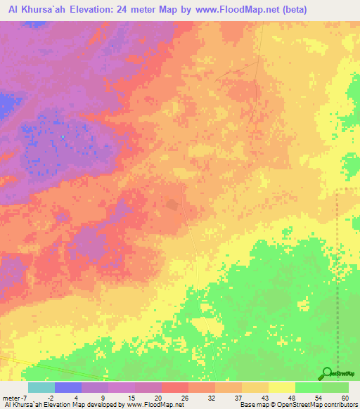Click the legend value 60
pos(344,397)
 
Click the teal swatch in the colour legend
pos(41,387)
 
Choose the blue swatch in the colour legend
pos(67,387)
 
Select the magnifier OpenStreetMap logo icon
pos(327,373)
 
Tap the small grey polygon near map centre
pos(172,204)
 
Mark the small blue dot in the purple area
pos(63,136)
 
